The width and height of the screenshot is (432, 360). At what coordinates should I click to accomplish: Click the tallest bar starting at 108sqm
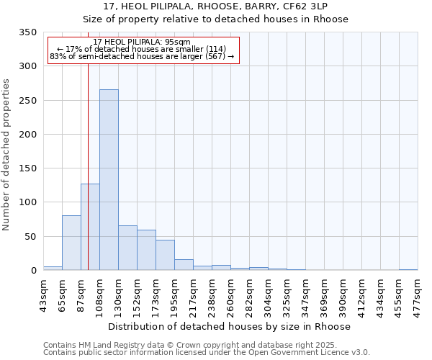[x=109, y=180]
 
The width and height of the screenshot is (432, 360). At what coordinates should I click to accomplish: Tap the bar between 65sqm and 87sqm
[x=71, y=243]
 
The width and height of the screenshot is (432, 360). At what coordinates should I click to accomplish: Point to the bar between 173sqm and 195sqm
[x=165, y=255]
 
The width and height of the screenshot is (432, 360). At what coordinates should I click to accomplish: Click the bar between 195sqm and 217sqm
[x=184, y=264]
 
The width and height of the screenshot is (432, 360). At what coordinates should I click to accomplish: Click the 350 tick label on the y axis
[x=27, y=32]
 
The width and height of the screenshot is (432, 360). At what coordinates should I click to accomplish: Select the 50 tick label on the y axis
[x=30, y=237]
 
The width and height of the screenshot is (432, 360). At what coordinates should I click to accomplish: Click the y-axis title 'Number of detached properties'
[x=6, y=155]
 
